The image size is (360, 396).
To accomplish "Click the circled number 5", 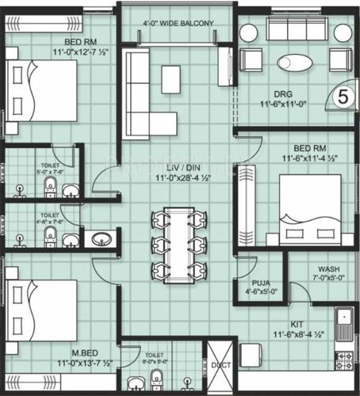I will click(342, 96).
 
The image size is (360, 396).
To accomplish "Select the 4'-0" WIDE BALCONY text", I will click(177, 24).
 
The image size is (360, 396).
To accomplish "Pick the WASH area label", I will click(328, 268).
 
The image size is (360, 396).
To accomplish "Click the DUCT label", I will click(220, 365).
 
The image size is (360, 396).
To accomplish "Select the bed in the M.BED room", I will click(41, 310).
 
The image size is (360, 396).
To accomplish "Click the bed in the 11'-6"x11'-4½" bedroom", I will click(308, 208).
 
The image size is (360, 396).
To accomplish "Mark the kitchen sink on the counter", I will click(345, 326).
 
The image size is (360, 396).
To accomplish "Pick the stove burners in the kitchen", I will click(345, 362).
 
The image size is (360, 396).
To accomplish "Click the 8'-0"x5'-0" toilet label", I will click(155, 356).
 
